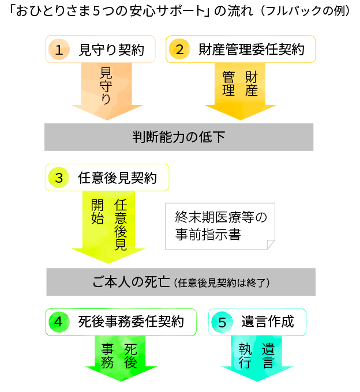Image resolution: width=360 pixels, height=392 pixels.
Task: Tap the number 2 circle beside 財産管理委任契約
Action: click(179, 49)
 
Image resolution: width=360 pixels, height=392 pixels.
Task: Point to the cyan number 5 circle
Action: click(222, 322)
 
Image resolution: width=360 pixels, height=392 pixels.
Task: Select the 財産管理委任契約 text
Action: click(251, 49)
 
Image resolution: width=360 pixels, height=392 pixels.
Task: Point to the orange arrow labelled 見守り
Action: click(105, 89)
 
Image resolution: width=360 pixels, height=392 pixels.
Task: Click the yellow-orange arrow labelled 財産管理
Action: click(239, 89)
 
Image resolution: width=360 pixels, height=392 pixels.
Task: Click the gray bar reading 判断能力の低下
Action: click(179, 137)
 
